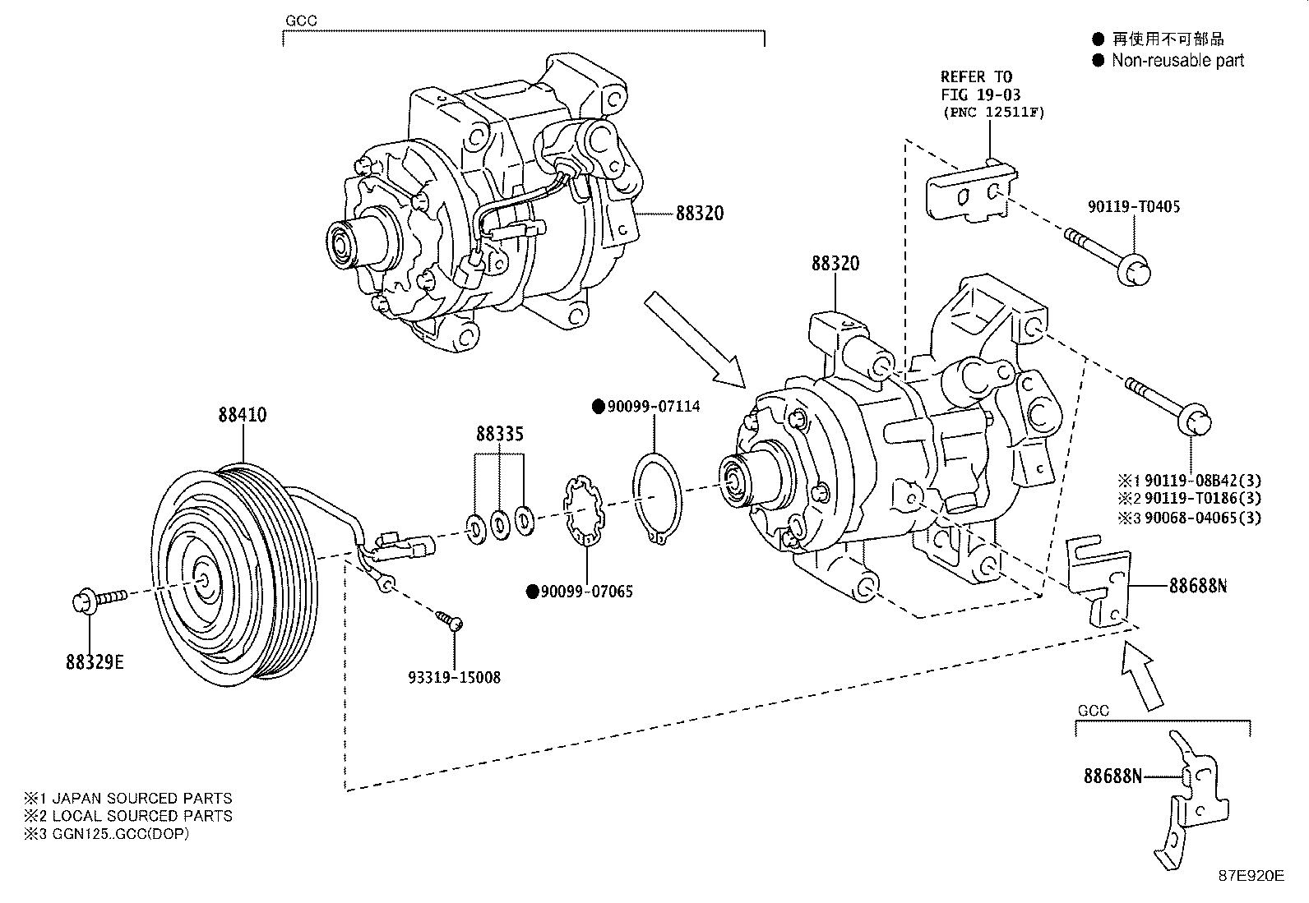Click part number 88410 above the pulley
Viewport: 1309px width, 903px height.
pyautogui.click(x=242, y=416)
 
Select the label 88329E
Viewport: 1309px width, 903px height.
pyautogui.click(x=95, y=661)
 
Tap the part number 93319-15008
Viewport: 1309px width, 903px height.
pyautogui.click(x=454, y=678)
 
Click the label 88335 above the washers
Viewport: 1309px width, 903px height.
pyautogui.click(x=500, y=433)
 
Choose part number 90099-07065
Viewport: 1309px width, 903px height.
pyautogui.click(x=586, y=592)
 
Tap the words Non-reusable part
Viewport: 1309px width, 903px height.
pyautogui.click(x=1177, y=61)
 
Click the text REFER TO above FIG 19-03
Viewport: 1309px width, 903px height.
pyautogui.click(x=976, y=77)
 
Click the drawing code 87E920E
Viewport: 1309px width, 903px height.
pyautogui.click(x=1251, y=876)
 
